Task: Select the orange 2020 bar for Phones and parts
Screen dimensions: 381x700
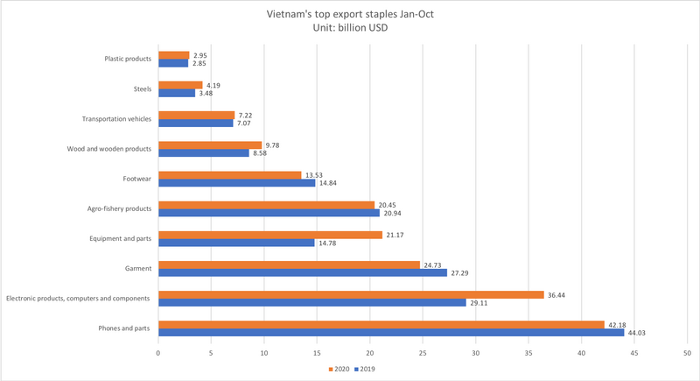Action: coord(381,325)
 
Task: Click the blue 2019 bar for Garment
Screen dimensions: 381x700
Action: coord(302,272)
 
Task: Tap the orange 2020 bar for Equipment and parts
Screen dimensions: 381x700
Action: coord(269,234)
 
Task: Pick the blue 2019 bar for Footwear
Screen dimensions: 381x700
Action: coord(236,183)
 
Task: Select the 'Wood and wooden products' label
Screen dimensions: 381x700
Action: coord(108,149)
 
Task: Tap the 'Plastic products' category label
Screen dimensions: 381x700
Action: coord(127,60)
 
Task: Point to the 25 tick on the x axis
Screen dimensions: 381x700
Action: coord(423,354)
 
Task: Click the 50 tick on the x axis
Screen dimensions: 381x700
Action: coord(688,354)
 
